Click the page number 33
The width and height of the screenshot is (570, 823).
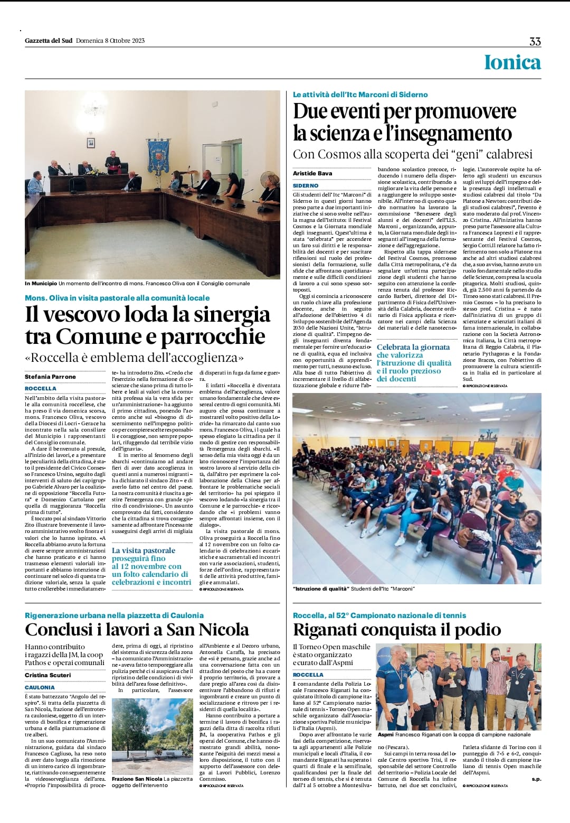point(535,42)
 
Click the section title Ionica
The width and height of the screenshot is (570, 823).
point(512,62)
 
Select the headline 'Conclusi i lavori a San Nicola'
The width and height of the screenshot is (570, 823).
point(137,630)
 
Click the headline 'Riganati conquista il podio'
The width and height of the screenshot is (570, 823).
point(397,630)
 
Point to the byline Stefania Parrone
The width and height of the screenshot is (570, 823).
point(50,377)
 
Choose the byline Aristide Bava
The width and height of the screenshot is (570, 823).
point(312,173)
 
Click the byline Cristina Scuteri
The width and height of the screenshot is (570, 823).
point(47,675)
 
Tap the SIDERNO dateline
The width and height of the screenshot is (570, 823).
point(306,185)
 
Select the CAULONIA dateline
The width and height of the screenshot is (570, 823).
point(40,687)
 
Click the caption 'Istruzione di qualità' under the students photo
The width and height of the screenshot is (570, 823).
point(321,588)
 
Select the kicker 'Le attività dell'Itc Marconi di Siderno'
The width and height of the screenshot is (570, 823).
point(360,95)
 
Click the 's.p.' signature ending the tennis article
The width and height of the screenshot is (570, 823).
point(536,779)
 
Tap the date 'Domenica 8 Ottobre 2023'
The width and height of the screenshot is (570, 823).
point(110,41)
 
